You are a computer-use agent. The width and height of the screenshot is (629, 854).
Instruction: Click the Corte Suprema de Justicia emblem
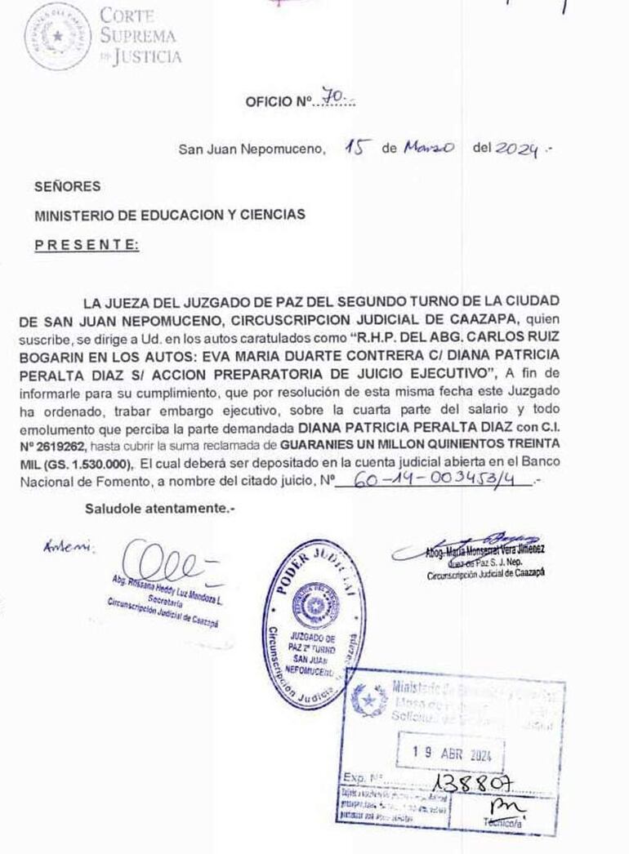point(58,38)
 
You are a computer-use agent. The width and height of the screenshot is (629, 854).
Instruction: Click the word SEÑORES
point(68,186)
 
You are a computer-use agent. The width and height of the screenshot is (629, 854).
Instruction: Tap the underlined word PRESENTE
point(87,244)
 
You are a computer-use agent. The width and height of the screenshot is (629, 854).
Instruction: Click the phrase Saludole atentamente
point(159,508)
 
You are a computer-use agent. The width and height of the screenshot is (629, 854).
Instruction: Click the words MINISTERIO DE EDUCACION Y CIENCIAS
point(170,215)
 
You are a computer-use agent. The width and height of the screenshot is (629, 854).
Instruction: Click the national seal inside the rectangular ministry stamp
point(369,699)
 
